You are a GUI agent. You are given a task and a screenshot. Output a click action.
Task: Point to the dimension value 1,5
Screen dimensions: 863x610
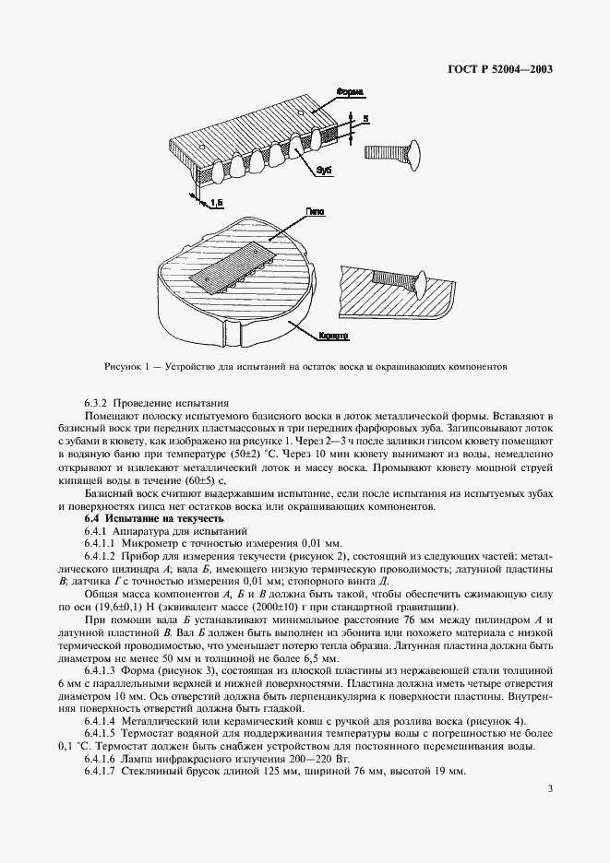click(217, 201)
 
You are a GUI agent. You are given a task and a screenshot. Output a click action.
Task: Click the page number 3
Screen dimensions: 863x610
click(549, 813)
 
